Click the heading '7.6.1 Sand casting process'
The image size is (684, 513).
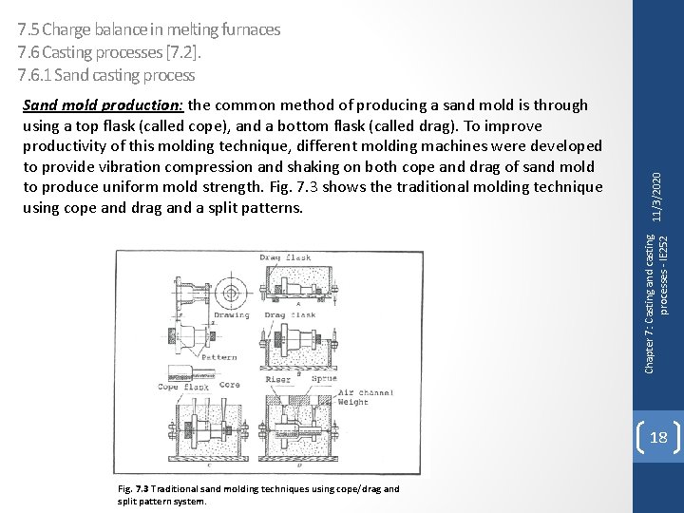point(101,74)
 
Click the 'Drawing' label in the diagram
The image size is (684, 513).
point(232,315)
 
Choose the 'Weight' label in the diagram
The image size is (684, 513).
point(354,402)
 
